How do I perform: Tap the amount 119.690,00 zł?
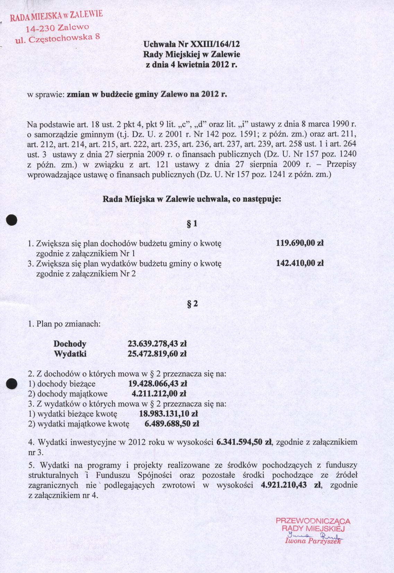click(300, 243)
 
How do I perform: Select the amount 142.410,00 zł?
click(300, 263)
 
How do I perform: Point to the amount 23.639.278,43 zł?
click(157, 344)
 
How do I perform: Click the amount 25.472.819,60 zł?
click(157, 354)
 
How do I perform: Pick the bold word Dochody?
click(70, 344)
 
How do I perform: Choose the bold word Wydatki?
click(70, 354)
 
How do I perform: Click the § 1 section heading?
click(192, 224)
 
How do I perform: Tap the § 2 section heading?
click(192, 303)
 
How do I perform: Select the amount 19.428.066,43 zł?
click(158, 384)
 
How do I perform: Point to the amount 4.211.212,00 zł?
click(159, 394)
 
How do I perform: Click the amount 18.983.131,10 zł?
click(168, 414)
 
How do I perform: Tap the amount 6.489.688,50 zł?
click(171, 424)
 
